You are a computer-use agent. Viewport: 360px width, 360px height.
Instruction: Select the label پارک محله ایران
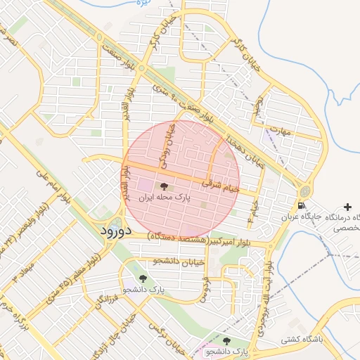click(x=164, y=199)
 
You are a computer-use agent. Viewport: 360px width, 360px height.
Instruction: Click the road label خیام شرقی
click(x=221, y=185)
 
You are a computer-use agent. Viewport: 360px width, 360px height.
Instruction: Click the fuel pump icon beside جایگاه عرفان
click(x=302, y=206)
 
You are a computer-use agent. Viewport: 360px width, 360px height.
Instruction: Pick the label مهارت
click(x=281, y=131)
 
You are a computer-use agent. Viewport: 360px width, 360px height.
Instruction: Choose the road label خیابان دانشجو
click(x=179, y=261)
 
